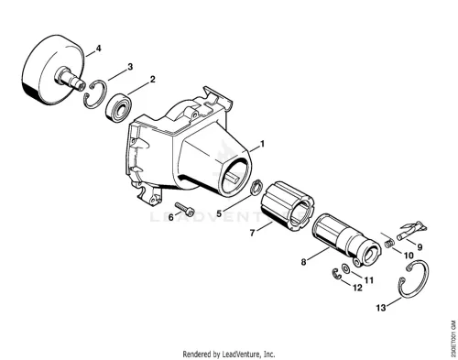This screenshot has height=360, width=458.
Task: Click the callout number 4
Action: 98,49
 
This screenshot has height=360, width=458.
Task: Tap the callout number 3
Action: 130,67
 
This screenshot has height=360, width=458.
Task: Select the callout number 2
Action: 152,79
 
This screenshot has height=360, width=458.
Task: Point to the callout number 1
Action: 262,144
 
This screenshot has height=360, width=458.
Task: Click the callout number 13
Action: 381,308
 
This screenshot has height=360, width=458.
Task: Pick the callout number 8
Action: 303,262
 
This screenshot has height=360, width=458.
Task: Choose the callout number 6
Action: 170,217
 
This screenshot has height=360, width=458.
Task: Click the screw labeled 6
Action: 185,209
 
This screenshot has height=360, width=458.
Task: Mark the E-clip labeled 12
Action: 336,274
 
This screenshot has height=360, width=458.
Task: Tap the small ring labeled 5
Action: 256,187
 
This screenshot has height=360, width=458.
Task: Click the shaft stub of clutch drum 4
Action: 70,79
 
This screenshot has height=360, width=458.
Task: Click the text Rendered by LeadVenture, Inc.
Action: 229,355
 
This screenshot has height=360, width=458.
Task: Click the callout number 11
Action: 369,279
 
